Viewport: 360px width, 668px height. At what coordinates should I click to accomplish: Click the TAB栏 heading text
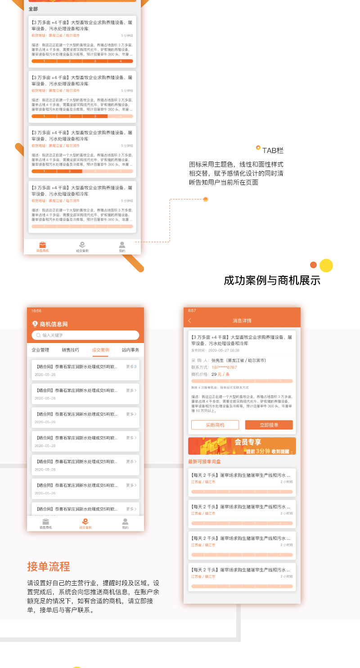pos(273,151)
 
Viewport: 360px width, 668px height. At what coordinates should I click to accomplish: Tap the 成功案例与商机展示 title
pos(272,280)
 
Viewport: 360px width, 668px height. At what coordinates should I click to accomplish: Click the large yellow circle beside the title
pos(326,266)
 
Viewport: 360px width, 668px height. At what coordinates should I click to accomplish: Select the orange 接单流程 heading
pos(49,566)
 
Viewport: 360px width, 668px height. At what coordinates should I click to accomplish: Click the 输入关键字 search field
pos(85,335)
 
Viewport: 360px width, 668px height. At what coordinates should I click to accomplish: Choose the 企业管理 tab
pos(40,350)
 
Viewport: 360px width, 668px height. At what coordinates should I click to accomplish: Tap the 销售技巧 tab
pos(71,350)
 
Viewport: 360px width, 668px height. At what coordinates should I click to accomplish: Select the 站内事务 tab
pos(130,350)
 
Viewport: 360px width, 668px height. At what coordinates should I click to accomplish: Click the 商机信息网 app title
pos(54,324)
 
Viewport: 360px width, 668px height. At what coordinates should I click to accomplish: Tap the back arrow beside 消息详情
pos(190,320)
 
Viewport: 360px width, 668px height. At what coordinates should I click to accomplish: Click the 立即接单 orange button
pos(269,425)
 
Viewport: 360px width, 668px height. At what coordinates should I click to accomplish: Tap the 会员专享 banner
pos(242,446)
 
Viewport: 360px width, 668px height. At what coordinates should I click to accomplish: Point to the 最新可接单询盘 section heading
pos(204,461)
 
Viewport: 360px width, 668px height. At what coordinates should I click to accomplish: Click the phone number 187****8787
pos(224,367)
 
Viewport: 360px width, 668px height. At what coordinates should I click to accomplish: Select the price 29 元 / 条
pos(220,374)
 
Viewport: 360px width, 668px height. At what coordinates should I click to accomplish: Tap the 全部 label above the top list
pos(33,9)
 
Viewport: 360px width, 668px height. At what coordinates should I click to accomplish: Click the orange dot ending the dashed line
pos(206,199)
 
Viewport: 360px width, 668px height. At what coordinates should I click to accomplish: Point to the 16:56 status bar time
pos(36,311)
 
